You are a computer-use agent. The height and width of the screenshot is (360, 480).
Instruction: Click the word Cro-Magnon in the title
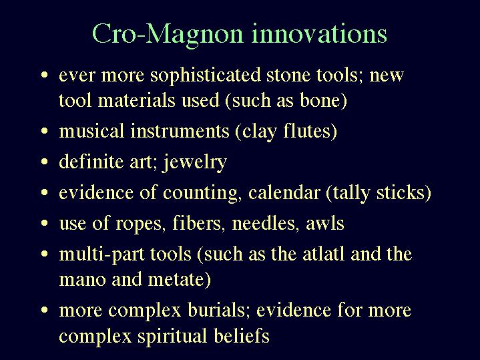click(168, 35)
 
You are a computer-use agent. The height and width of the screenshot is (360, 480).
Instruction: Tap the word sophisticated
click(206, 75)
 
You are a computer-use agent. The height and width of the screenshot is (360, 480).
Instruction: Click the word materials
click(137, 100)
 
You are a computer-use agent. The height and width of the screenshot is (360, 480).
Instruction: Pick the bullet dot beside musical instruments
click(45, 131)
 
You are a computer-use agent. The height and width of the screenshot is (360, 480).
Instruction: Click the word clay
click(258, 132)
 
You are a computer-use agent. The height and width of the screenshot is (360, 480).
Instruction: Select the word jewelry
click(195, 162)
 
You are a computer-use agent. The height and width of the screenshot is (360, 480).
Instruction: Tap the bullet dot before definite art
click(45, 162)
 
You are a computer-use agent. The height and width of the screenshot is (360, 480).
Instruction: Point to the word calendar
click(284, 192)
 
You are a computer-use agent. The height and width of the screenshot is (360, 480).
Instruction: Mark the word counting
click(200, 193)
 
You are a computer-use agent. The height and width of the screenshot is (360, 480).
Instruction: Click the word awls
click(325, 223)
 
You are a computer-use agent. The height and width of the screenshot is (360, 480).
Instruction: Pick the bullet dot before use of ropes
click(45, 222)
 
